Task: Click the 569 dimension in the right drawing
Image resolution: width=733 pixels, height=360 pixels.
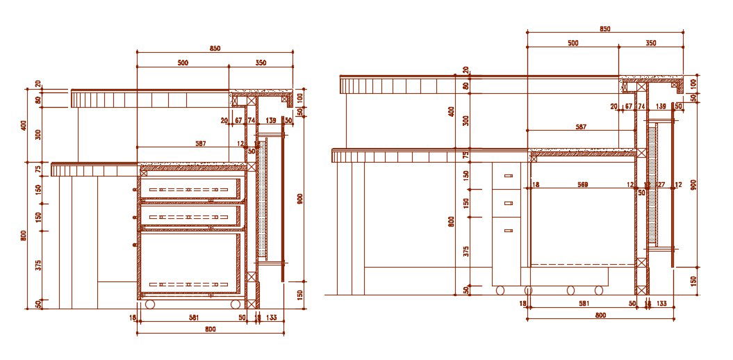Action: click(582, 184)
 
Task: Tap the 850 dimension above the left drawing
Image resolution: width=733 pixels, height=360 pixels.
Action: click(215, 48)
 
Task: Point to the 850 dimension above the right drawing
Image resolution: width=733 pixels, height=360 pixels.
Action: click(604, 28)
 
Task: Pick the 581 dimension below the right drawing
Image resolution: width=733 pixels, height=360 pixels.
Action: click(584, 303)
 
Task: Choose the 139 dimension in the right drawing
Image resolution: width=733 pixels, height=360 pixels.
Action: click(661, 106)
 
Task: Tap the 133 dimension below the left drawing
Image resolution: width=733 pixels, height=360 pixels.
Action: click(271, 318)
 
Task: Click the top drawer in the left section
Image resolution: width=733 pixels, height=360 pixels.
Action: click(191, 188)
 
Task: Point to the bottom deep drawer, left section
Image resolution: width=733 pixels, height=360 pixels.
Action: click(191, 264)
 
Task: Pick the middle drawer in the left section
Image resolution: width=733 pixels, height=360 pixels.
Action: click(191, 217)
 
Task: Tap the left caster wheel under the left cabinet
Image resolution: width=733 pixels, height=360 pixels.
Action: click(149, 304)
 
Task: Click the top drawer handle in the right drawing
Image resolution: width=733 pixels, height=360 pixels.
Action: click(508, 176)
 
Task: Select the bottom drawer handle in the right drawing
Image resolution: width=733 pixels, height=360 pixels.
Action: click(508, 230)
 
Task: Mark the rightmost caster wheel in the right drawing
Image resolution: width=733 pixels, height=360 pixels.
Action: click(598, 289)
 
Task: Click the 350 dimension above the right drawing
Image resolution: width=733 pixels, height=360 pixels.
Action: click(651, 43)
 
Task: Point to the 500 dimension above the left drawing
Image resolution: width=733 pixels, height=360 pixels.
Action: click(183, 63)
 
